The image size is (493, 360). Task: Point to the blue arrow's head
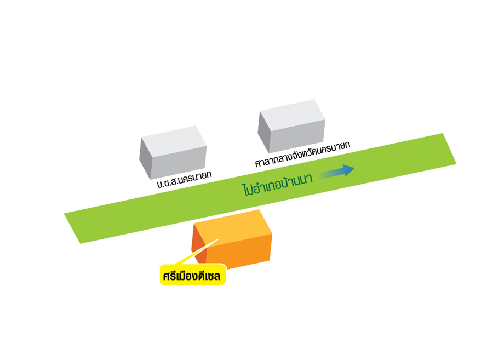[349, 169]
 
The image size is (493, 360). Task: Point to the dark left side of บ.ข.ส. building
[145, 159]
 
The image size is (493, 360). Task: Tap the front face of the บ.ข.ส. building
[179, 162]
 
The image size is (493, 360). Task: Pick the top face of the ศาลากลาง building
[290, 111]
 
